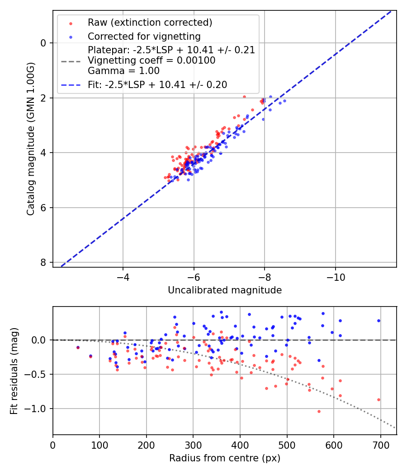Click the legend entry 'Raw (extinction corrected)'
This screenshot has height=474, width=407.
click(150, 23)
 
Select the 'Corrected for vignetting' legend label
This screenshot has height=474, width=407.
click(144, 36)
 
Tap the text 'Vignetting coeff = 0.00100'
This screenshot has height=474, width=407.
click(151, 60)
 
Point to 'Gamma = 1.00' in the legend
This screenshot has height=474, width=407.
click(123, 71)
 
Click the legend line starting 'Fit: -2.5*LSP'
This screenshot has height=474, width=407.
click(157, 84)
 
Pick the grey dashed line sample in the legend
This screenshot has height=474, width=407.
click(71, 60)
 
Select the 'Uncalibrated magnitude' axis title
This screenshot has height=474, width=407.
click(225, 290)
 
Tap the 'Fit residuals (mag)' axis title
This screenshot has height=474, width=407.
click(14, 370)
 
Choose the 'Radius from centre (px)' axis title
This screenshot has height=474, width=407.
click(225, 458)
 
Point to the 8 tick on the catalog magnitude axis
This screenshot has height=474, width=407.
click(43, 263)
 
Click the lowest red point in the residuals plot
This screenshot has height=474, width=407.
click(319, 411)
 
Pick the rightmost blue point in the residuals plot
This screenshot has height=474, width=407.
click(379, 321)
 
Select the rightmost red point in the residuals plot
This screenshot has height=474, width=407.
click(379, 400)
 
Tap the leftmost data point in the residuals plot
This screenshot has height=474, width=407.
click(78, 348)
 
